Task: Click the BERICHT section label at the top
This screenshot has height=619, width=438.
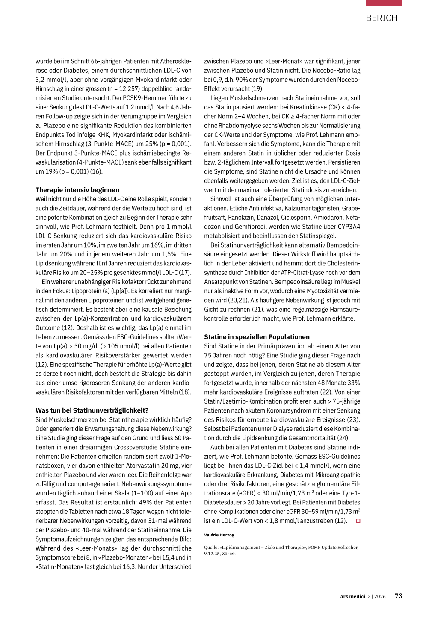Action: [384, 18]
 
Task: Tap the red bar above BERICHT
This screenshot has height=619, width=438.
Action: [384, 3]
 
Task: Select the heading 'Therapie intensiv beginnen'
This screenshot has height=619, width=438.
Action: [77, 190]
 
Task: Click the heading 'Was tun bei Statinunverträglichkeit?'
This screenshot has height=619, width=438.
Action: [92, 410]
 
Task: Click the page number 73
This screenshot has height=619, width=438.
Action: [398, 596]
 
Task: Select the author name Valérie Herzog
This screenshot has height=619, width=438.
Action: [219, 535]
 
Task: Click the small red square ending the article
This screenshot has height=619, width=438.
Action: [358, 521]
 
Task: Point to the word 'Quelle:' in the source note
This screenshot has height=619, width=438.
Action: [211, 547]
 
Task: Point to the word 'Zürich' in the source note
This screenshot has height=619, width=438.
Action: [229, 554]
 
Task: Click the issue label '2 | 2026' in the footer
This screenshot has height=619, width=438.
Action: [376, 596]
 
